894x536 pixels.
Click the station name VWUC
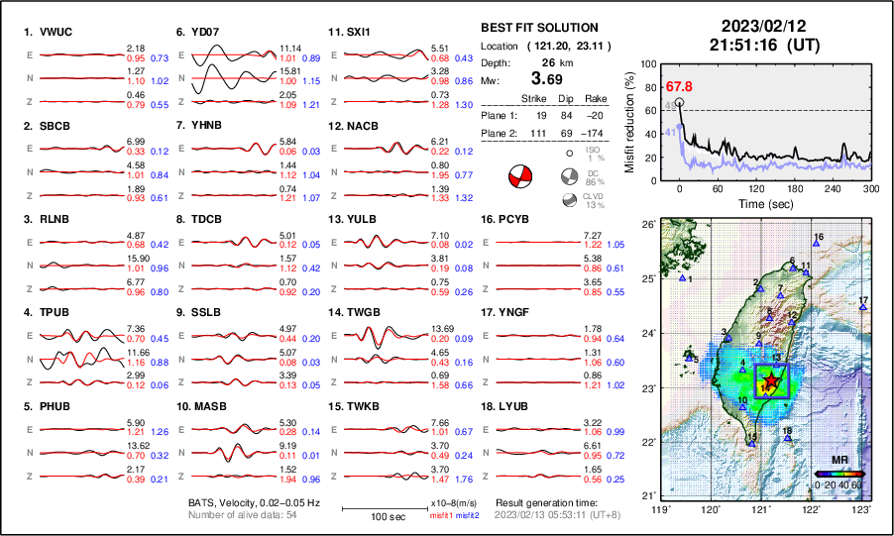(52, 32)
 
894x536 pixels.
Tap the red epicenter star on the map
(772, 382)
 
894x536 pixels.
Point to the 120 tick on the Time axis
(756, 188)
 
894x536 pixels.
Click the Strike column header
(534, 99)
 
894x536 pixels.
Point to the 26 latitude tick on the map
(647, 226)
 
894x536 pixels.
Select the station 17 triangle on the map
(863, 308)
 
